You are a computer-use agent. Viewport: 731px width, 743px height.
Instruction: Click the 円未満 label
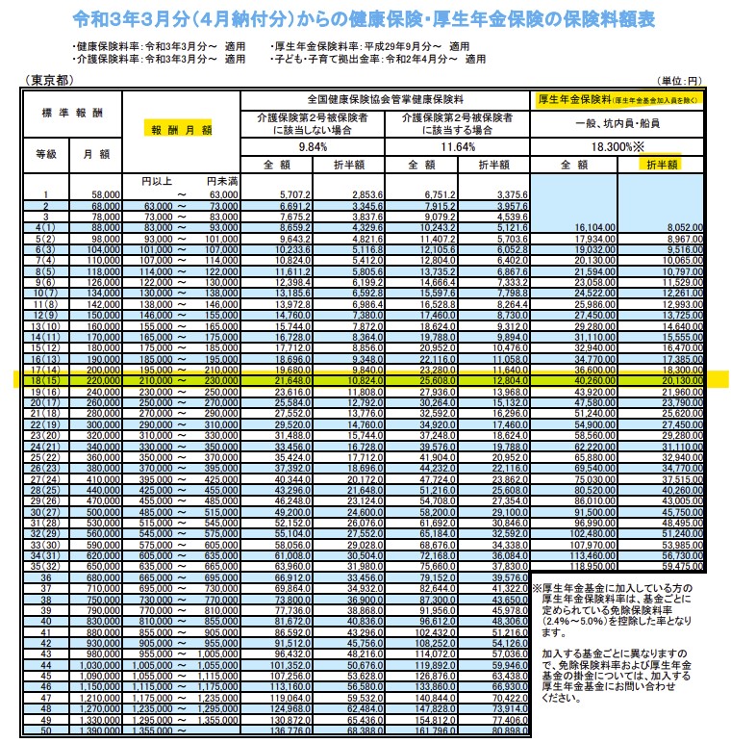click(x=220, y=181)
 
